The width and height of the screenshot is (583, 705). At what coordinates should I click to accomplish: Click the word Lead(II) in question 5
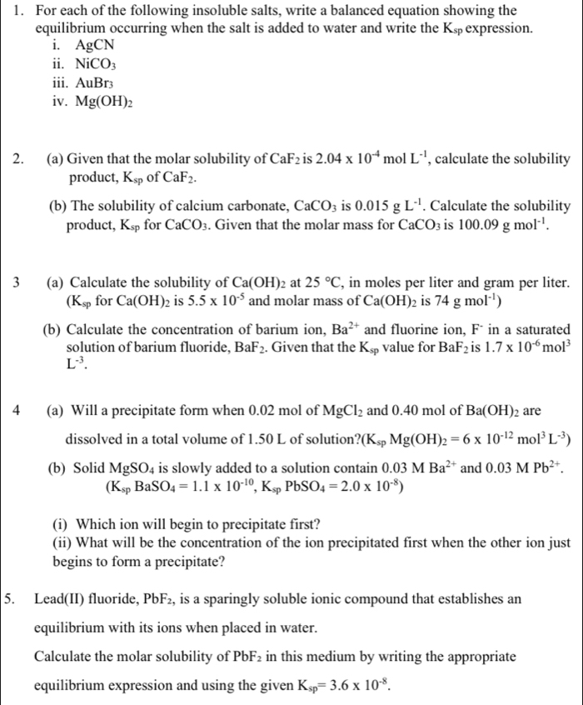point(63,599)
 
